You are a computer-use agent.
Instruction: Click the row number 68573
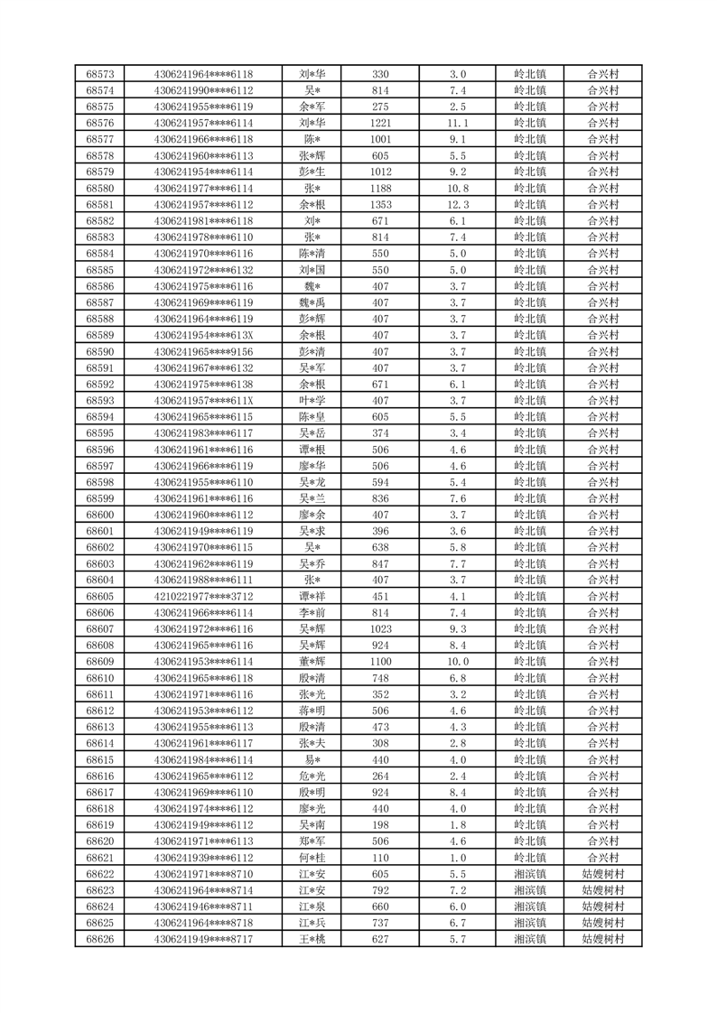[99, 74]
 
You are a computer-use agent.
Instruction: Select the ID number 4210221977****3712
[203, 596]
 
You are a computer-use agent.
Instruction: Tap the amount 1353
[380, 205]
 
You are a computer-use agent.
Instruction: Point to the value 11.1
[458, 123]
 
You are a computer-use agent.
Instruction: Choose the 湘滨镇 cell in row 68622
[529, 874]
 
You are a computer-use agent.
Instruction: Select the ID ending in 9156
[203, 351]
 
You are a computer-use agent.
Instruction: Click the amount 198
[380, 824]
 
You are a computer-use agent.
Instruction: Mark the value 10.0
[458, 662]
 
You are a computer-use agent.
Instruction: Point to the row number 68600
[99, 515]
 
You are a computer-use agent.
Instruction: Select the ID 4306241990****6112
[203, 90]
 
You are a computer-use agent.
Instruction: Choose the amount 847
[380, 563]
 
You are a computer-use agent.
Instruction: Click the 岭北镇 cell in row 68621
[529, 858]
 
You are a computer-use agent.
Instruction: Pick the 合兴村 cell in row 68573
[603, 74]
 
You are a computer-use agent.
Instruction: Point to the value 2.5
[458, 107]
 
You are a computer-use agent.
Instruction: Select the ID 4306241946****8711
[203, 906]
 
